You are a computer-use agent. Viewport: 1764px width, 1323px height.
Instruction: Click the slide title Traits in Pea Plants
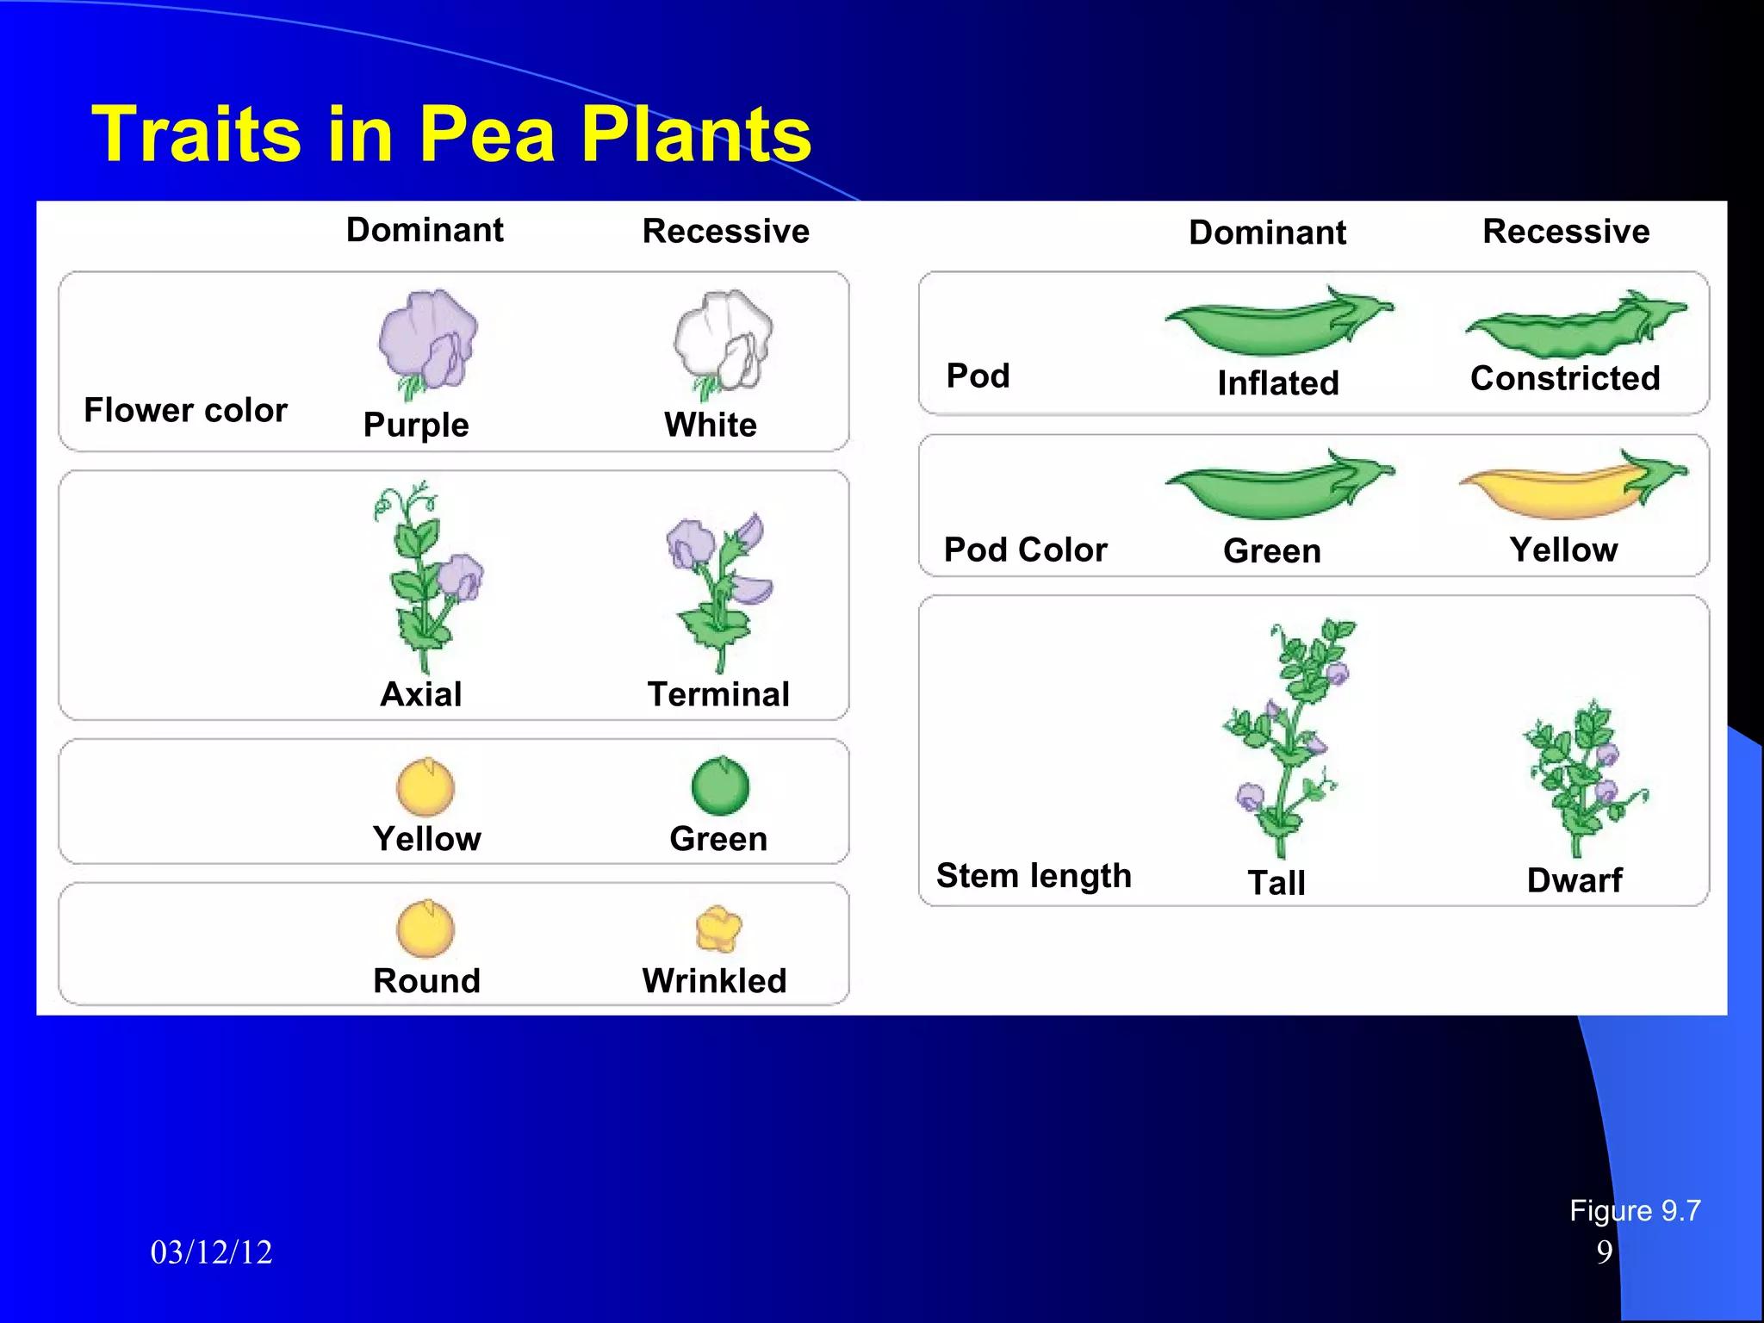[451, 134]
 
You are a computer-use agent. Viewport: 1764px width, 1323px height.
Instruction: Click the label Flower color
[185, 410]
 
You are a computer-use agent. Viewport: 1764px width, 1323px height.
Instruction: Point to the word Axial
[421, 694]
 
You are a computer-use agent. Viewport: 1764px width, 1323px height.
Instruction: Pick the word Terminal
[718, 694]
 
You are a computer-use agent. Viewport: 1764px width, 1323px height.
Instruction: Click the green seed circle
[720, 786]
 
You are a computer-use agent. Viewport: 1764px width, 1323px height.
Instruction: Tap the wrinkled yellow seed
[717, 929]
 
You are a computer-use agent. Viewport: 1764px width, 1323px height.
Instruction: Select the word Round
[426, 981]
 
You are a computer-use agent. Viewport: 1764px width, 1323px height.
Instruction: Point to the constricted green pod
[1575, 328]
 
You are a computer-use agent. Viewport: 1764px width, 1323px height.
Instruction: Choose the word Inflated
[1278, 383]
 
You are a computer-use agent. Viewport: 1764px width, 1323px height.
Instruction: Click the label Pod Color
[1025, 550]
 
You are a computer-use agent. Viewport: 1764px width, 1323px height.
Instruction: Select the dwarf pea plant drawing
[1583, 775]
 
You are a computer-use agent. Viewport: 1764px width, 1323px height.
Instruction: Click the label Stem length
[1034, 875]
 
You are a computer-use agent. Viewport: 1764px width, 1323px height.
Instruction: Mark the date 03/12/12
[211, 1252]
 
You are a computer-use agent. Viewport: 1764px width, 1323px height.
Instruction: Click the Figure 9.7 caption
[1634, 1211]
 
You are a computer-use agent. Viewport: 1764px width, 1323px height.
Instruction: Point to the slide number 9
[1604, 1252]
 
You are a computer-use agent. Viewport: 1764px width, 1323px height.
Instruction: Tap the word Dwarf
[1574, 880]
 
